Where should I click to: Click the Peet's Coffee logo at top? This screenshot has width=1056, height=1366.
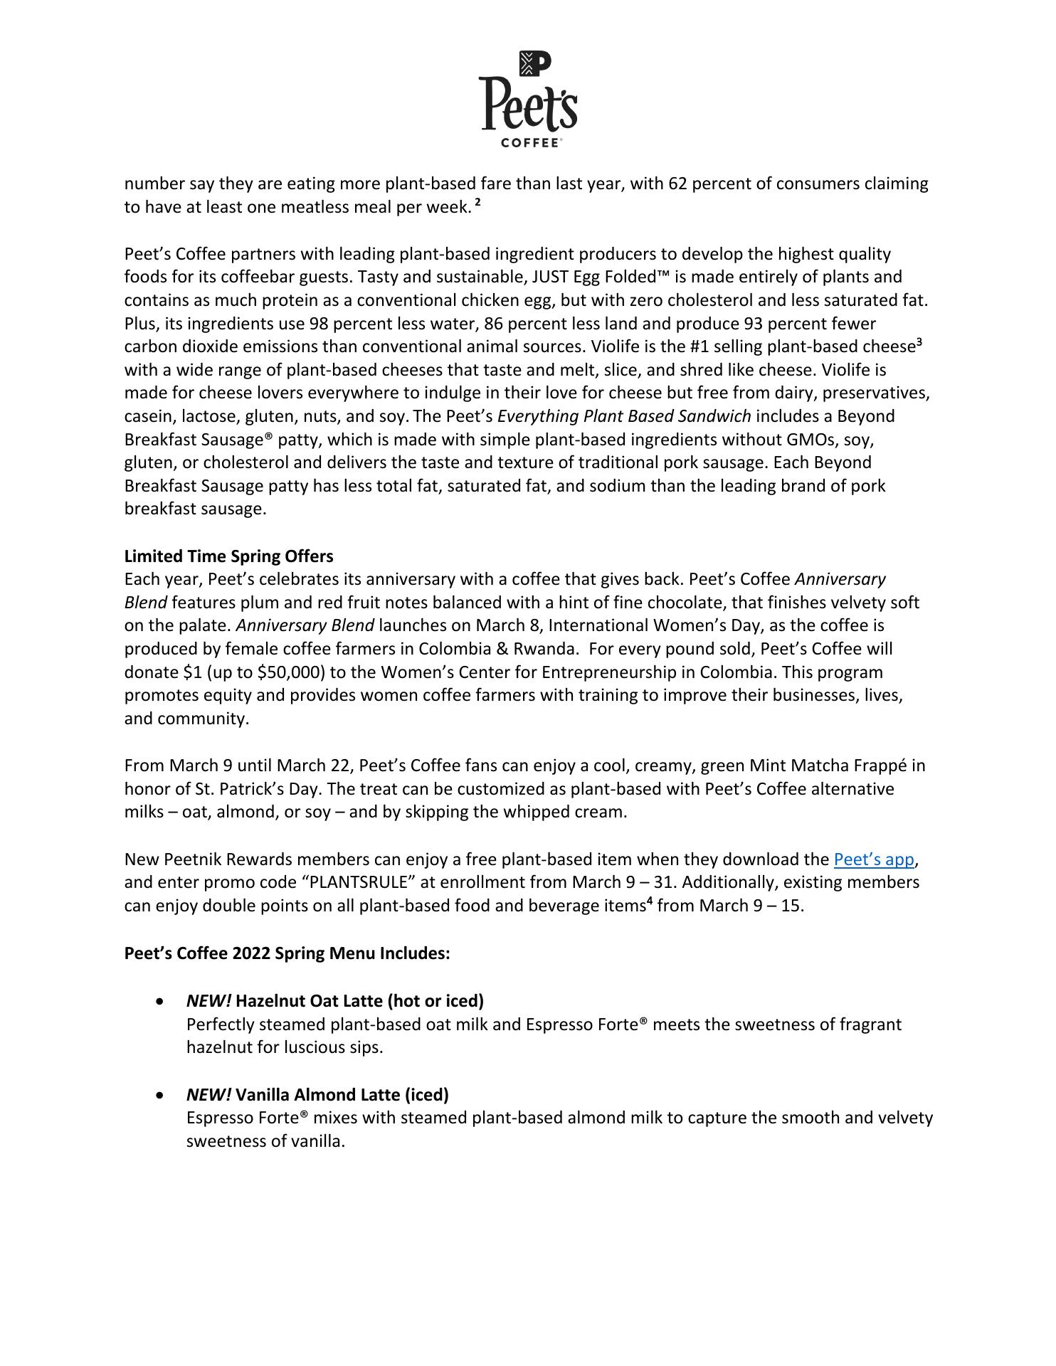tap(528, 99)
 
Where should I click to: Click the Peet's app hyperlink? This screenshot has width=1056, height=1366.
tap(873, 859)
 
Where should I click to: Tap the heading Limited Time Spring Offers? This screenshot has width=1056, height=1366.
tap(228, 556)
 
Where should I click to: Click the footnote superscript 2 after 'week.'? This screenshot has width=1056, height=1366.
tap(478, 203)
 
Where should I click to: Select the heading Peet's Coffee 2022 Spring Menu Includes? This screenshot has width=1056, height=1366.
tap(287, 953)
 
